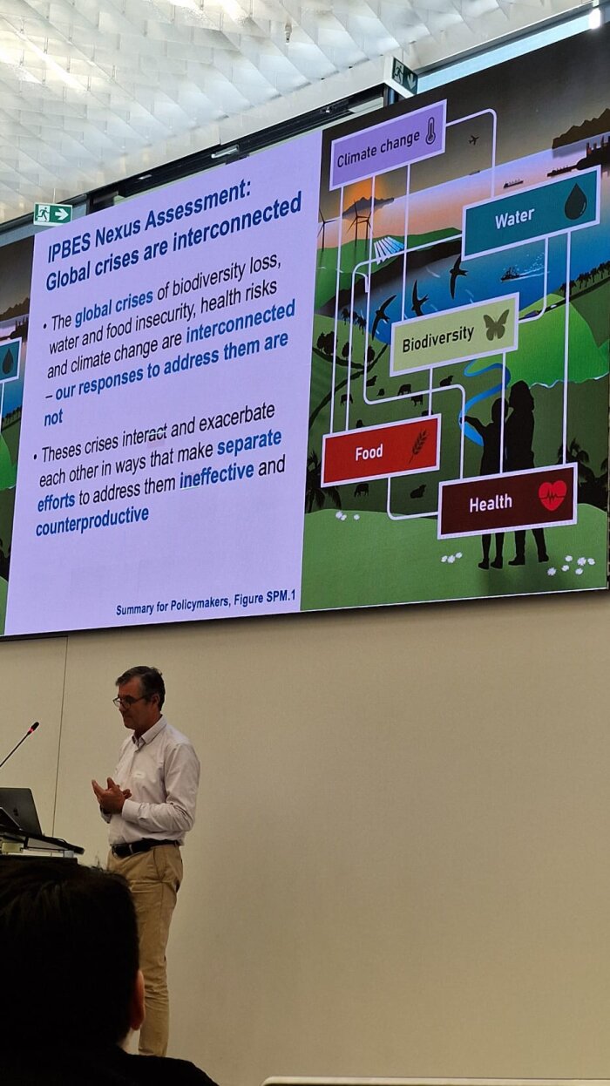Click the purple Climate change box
(x=388, y=145)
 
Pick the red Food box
(x=381, y=450)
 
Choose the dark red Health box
(x=507, y=500)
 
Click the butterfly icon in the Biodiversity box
(x=497, y=324)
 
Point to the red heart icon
(x=552, y=494)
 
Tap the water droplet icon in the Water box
(x=575, y=200)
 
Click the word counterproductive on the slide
(x=92, y=521)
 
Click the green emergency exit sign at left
(x=53, y=214)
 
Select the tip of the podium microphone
(x=35, y=725)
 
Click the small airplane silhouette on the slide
(x=474, y=140)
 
